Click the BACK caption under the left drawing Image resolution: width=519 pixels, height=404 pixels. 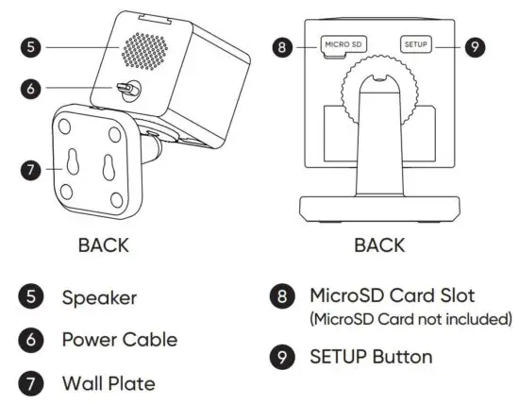103,245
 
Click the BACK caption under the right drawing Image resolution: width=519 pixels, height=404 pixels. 378,245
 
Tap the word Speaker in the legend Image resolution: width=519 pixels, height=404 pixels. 99,297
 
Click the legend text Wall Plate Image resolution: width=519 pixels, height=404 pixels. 108,382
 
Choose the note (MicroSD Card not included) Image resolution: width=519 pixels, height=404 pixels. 410,319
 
